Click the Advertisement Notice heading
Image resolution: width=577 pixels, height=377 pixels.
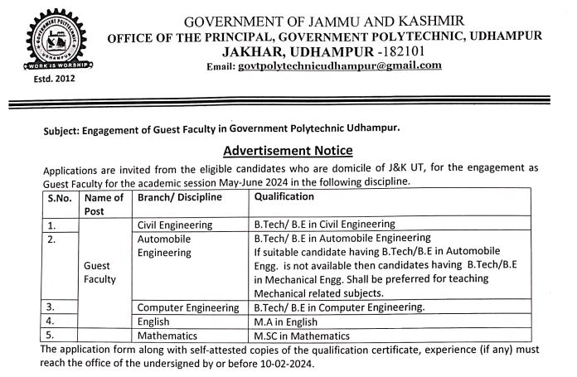[x=288, y=150]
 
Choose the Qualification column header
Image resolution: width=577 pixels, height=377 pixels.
[x=284, y=197]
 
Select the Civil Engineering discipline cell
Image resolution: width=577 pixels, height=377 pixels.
[x=174, y=225]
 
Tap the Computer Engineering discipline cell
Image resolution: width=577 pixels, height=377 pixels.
[x=187, y=307]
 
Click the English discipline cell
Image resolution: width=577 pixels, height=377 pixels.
[x=153, y=321]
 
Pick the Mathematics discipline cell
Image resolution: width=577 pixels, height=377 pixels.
[x=167, y=336]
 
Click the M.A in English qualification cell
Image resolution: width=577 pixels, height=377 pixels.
[x=287, y=321]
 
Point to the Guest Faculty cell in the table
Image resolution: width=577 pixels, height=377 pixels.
[x=100, y=273]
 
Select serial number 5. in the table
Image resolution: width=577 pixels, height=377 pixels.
[x=51, y=336]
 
